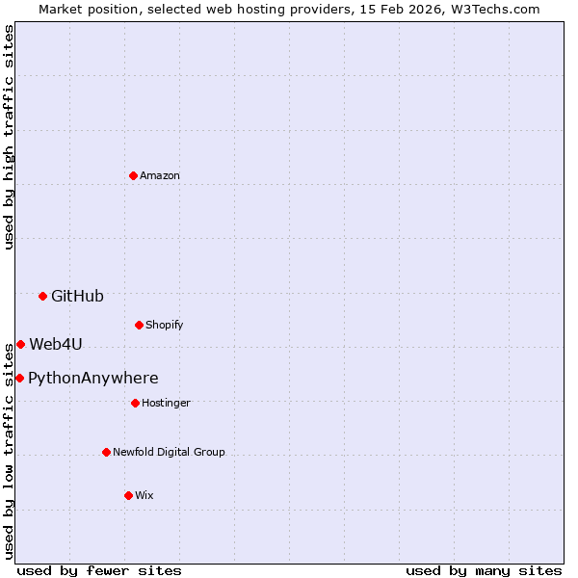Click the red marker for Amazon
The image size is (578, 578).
133,175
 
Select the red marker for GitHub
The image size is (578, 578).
42,296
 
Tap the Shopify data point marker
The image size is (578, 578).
139,325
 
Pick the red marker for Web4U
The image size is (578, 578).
20,344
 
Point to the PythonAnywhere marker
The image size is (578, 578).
19,378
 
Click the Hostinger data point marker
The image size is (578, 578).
135,403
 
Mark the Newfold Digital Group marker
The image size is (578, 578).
106,452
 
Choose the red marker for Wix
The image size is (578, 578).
128,495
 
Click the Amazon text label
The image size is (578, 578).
160,175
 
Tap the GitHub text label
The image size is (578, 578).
77,296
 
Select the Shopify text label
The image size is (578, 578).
165,325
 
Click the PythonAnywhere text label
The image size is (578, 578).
93,378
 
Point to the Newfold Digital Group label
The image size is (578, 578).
169,452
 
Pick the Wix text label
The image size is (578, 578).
144,495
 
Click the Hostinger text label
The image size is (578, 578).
166,403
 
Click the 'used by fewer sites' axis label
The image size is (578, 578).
99,570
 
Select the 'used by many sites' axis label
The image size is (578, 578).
484,570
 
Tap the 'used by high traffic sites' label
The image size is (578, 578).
9,137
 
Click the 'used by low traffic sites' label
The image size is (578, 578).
9,450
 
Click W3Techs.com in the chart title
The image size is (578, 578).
492,9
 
